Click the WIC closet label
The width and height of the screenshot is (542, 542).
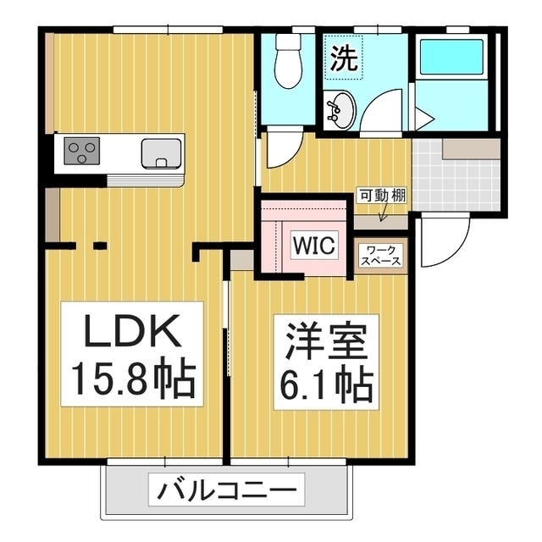[314, 246]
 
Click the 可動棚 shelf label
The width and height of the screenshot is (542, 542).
[382, 196]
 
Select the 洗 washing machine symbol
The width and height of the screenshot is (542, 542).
[344, 58]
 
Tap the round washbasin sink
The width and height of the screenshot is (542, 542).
[340, 111]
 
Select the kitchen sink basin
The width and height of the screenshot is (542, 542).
[160, 154]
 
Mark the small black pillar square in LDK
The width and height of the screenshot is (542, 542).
[99, 246]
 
